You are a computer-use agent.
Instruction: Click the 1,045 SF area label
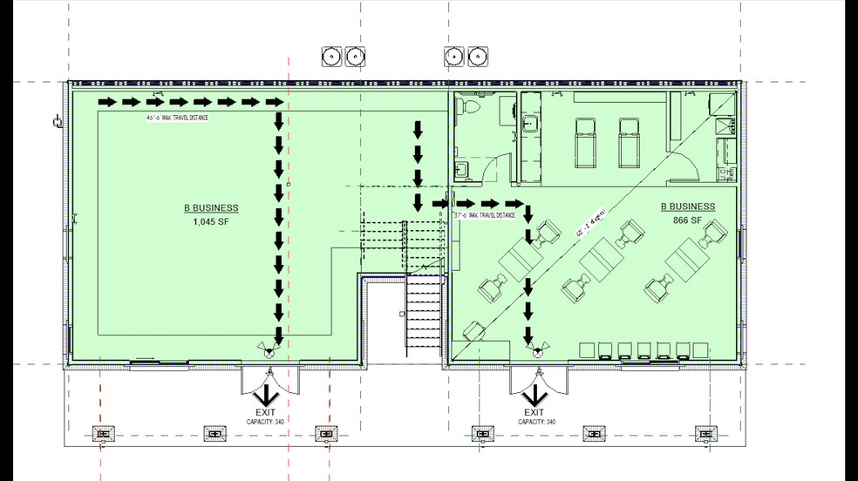[x=210, y=221]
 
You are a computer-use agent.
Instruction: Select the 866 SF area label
[x=688, y=221]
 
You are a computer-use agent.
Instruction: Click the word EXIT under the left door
[x=266, y=411]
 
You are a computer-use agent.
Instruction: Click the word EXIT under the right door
[x=535, y=411]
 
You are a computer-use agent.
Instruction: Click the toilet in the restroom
[x=468, y=109]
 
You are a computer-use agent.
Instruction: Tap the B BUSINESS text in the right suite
[x=688, y=207]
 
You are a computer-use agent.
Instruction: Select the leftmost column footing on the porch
[x=105, y=433]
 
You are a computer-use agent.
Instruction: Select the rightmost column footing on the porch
[x=705, y=433]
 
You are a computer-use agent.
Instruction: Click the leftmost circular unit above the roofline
[x=331, y=57]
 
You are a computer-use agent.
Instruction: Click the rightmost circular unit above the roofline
[x=477, y=57]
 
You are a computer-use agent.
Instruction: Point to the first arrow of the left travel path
[x=106, y=101]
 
